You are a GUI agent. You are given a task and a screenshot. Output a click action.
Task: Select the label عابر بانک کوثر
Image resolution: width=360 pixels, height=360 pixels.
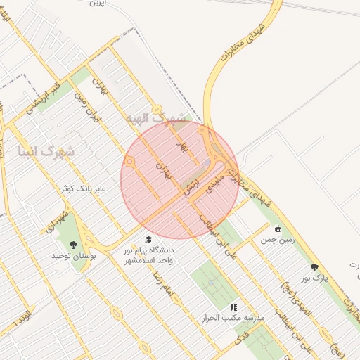[88, 190]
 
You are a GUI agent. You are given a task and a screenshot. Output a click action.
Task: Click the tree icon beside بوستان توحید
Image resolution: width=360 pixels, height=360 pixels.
[75, 245]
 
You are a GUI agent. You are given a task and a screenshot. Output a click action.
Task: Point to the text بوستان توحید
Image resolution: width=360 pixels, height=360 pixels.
[75, 256]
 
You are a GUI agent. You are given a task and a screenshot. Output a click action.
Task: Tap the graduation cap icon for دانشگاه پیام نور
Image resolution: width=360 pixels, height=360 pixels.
[148, 240]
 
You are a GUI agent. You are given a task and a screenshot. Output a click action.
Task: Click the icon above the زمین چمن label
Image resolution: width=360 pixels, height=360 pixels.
[278, 229]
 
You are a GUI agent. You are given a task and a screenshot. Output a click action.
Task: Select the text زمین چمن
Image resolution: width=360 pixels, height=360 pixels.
[277, 240]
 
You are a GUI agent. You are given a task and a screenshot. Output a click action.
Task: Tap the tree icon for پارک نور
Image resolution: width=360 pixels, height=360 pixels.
[314, 267]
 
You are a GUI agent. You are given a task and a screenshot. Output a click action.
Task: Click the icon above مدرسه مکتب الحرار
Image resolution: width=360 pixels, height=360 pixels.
[233, 307]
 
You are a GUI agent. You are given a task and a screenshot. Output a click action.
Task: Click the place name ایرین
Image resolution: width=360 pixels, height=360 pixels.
[97, 4]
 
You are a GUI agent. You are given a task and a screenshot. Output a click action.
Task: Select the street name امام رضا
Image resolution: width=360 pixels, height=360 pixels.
[164, 282]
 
